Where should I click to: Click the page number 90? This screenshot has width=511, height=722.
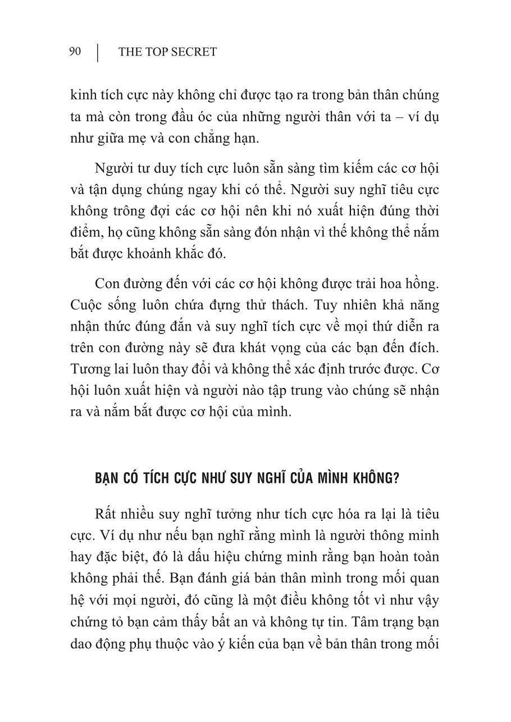(x=75, y=52)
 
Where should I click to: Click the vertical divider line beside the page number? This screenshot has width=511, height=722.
(x=98, y=52)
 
